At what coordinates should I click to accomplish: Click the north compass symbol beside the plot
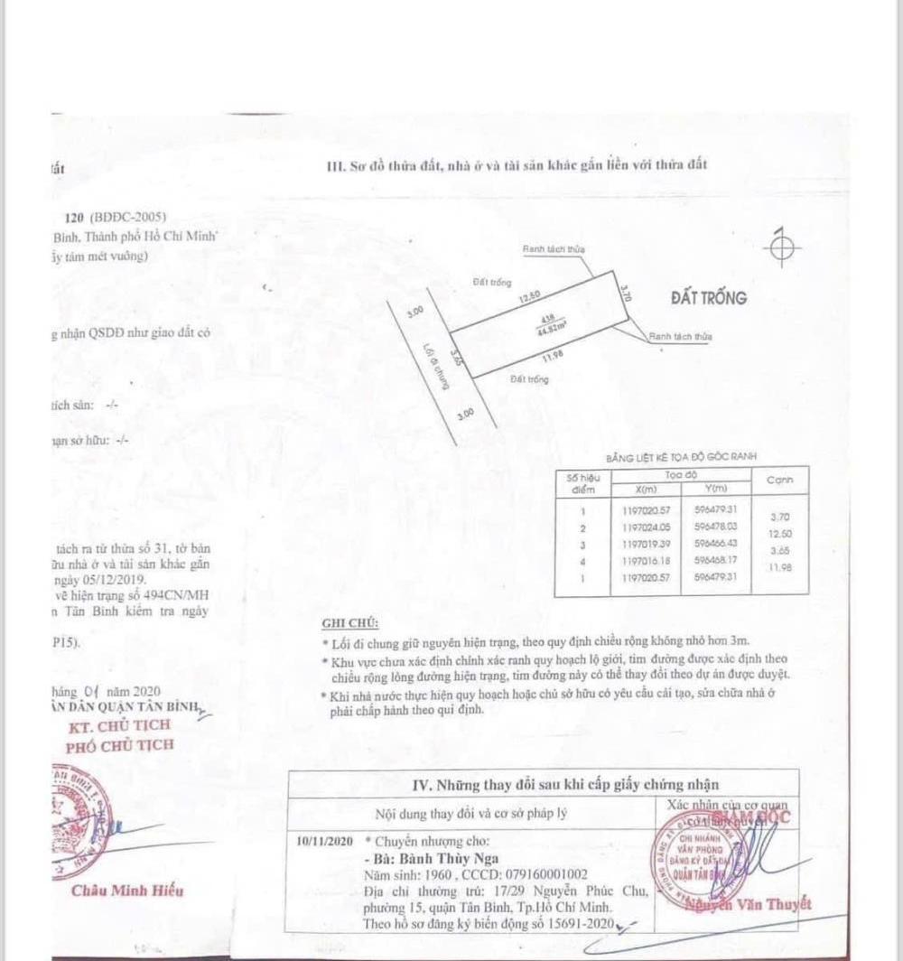pyautogui.click(x=783, y=249)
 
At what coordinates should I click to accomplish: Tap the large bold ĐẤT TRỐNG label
pyautogui.click(x=709, y=298)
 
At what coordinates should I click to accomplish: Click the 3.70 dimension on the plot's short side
pyautogui.click(x=623, y=294)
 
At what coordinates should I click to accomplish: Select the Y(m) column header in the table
pyautogui.click(x=714, y=489)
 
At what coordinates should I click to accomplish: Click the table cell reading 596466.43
pyautogui.click(x=716, y=543)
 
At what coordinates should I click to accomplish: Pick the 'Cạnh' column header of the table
pyautogui.click(x=779, y=480)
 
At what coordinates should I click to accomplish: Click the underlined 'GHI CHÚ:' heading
pyautogui.click(x=351, y=623)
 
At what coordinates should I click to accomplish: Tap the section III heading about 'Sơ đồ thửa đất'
pyautogui.click(x=516, y=164)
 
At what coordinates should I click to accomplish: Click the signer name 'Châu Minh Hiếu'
pyautogui.click(x=127, y=891)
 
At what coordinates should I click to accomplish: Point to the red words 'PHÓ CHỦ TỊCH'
pyautogui.click(x=120, y=745)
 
